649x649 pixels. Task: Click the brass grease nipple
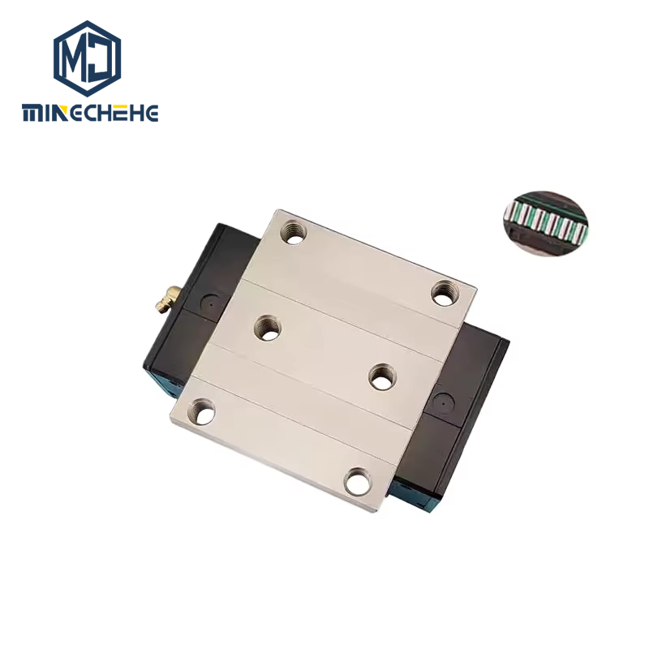(168, 299)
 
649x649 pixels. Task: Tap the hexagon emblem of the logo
(88, 58)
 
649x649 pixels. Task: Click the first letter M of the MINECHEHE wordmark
(32, 113)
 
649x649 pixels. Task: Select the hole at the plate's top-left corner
(294, 233)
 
